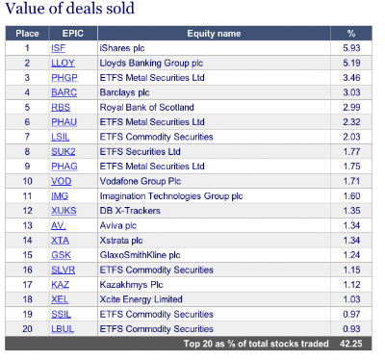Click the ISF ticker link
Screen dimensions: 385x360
point(58,48)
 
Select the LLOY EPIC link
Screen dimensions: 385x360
point(63,63)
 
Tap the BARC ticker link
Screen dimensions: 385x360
point(64,92)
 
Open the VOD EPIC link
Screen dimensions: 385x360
point(62,181)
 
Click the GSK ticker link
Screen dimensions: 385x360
point(61,255)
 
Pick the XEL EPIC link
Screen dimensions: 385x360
point(60,299)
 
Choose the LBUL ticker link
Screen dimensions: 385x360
point(63,329)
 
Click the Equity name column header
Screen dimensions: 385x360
point(214,34)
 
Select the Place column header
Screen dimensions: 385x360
point(27,34)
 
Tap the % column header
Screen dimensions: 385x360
point(351,34)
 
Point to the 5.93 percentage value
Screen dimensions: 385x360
point(351,48)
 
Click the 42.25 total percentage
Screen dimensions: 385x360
point(351,344)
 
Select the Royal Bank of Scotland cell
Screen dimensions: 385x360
point(146,107)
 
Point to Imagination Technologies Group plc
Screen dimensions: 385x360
point(171,196)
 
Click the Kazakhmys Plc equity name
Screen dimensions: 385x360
point(131,285)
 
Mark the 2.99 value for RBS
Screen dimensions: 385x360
point(351,107)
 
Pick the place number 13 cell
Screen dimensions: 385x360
point(27,225)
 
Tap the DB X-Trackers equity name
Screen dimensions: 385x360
point(130,211)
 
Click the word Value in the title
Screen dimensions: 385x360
point(25,9)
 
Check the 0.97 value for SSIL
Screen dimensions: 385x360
point(351,314)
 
